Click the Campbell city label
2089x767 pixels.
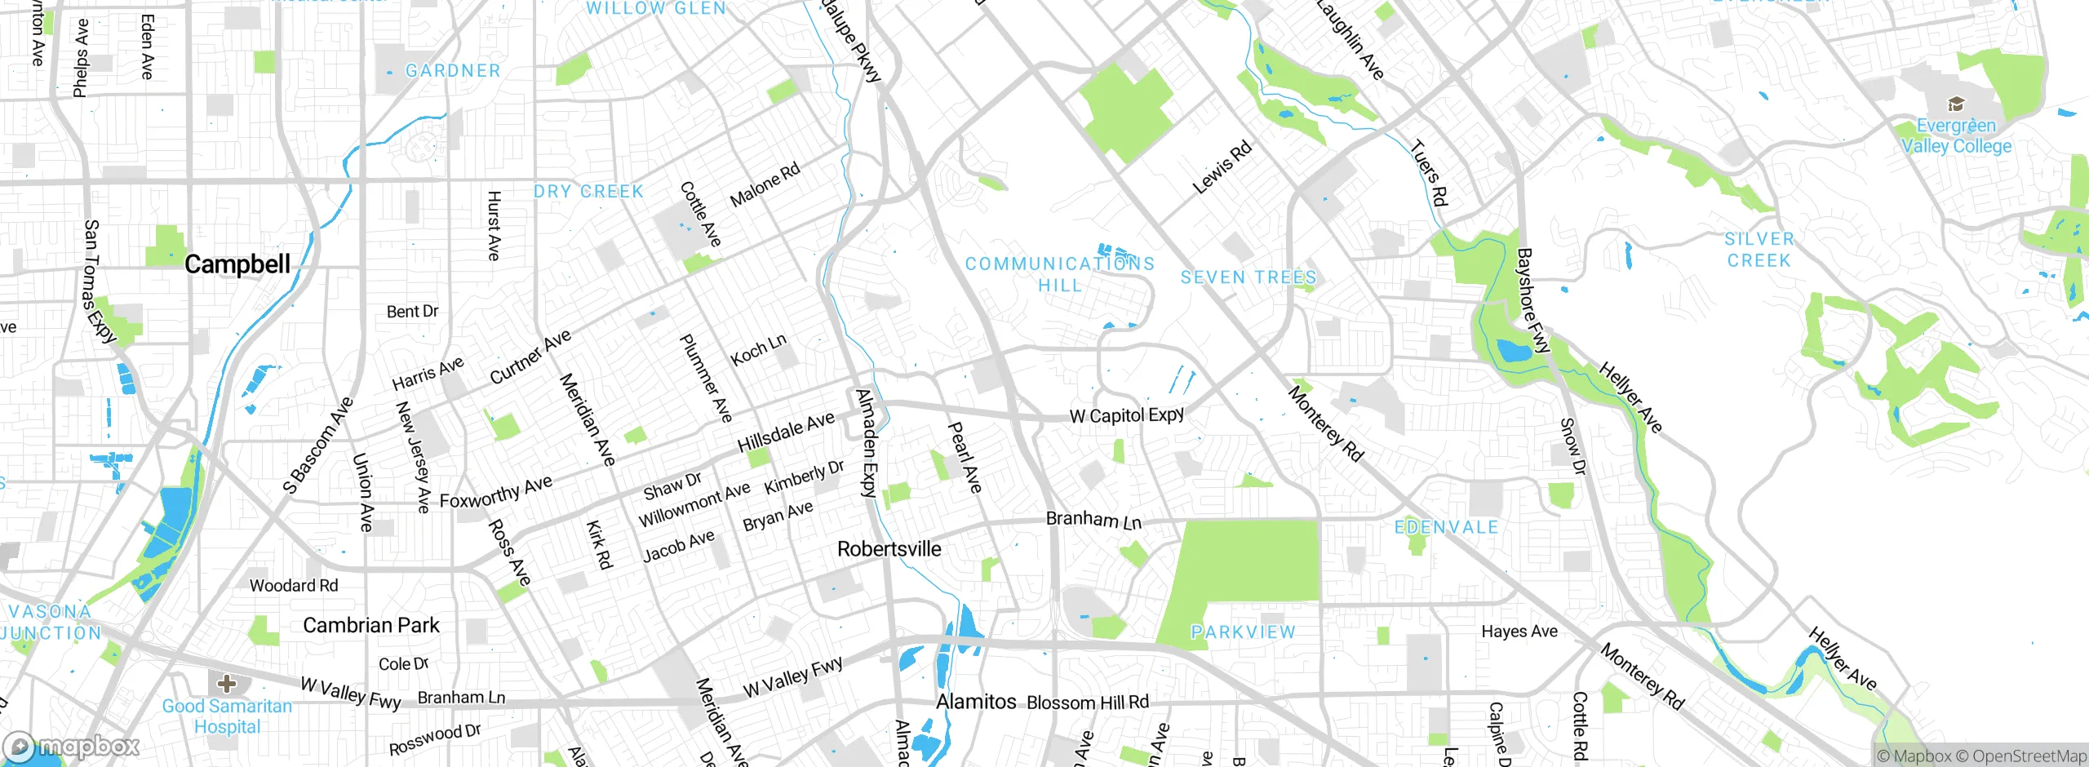[x=237, y=264]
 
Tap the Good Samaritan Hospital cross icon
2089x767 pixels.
[x=227, y=683]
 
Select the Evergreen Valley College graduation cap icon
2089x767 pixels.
[x=1955, y=104]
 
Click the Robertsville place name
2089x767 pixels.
[x=889, y=549]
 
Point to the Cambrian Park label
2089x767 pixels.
[x=371, y=625]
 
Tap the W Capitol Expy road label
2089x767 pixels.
[x=1126, y=415]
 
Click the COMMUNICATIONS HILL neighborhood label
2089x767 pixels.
[x=1060, y=274]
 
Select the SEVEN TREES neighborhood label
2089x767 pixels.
[x=1249, y=277]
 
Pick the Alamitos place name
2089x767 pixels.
[x=976, y=702]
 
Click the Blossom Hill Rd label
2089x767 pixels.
[x=1088, y=703]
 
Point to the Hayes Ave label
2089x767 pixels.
[x=1519, y=631]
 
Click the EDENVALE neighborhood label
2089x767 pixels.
[x=1446, y=527]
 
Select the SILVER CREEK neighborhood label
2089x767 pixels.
[x=1759, y=250]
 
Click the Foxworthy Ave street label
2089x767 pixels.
[x=496, y=492]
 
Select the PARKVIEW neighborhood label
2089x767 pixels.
[x=1243, y=632]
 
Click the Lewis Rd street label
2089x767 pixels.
[x=1222, y=167]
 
